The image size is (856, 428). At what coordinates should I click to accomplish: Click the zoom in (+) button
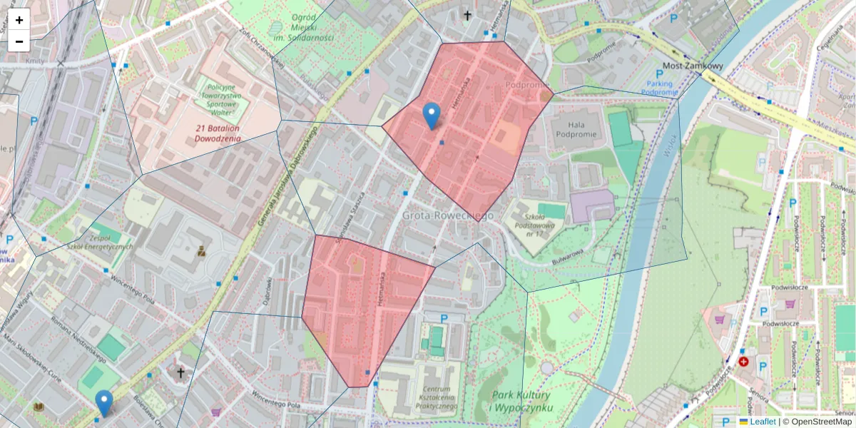click(19, 20)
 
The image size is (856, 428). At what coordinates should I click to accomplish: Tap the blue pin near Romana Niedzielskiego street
click(104, 403)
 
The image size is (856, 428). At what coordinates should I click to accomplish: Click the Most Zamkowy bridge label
click(693, 66)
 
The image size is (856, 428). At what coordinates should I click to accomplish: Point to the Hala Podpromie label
click(574, 128)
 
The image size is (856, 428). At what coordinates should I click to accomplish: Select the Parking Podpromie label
click(658, 87)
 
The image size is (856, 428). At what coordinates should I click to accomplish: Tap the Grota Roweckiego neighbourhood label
click(448, 215)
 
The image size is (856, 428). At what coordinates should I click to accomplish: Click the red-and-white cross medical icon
click(744, 362)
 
